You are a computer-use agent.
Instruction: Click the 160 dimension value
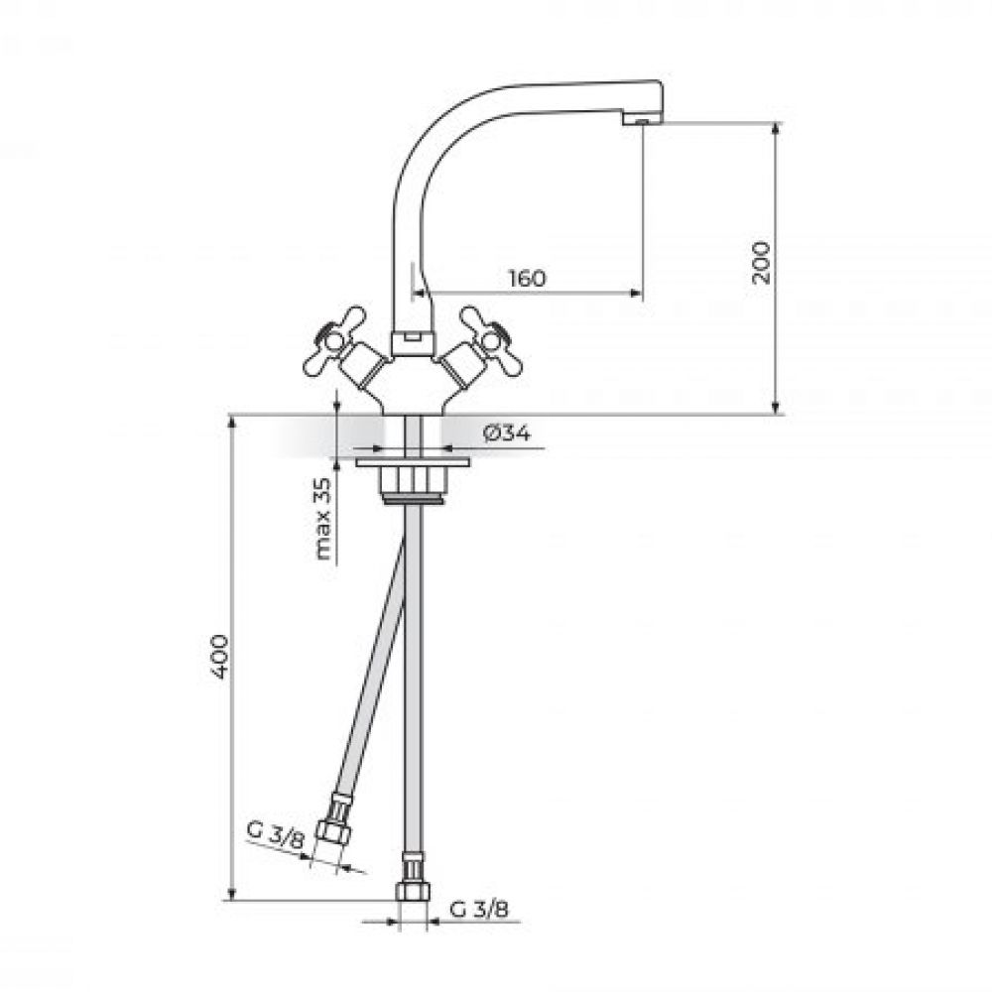[x=527, y=278]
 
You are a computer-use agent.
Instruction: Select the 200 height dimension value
[x=762, y=263]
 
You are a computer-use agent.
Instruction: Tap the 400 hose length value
[x=219, y=656]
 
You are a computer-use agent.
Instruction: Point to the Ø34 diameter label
[x=507, y=434]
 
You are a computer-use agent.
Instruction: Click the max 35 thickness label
[x=322, y=520]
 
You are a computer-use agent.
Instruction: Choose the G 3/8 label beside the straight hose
[x=479, y=909]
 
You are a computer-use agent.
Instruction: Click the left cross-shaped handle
[x=334, y=341]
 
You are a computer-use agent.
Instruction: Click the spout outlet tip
[x=642, y=119]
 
